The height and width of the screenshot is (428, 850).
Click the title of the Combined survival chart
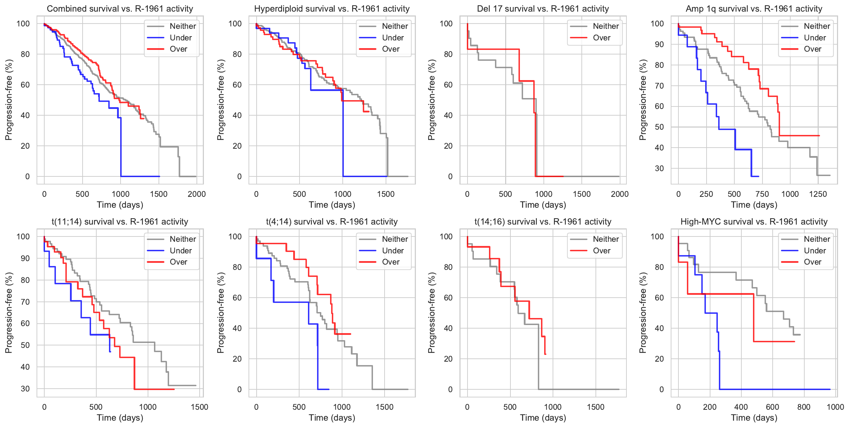pos(120,9)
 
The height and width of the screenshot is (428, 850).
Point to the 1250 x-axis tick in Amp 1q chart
pos(818,194)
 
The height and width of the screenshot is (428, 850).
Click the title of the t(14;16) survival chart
pos(543,222)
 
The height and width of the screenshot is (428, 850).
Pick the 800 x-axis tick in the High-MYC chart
pos(804,407)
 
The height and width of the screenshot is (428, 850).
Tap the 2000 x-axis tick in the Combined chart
pos(197,194)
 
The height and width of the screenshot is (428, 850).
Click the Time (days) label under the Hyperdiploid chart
pos(332,205)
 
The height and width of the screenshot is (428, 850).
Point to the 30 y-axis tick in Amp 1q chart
pos(659,168)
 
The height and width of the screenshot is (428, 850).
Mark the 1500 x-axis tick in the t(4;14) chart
pos(385,407)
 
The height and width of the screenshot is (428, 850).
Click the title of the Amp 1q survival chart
pos(754,9)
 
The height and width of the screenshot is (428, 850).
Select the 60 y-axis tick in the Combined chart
pos(25,85)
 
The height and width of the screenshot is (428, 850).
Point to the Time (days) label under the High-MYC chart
pos(754,418)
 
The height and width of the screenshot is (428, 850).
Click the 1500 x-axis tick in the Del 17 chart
pos(582,194)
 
